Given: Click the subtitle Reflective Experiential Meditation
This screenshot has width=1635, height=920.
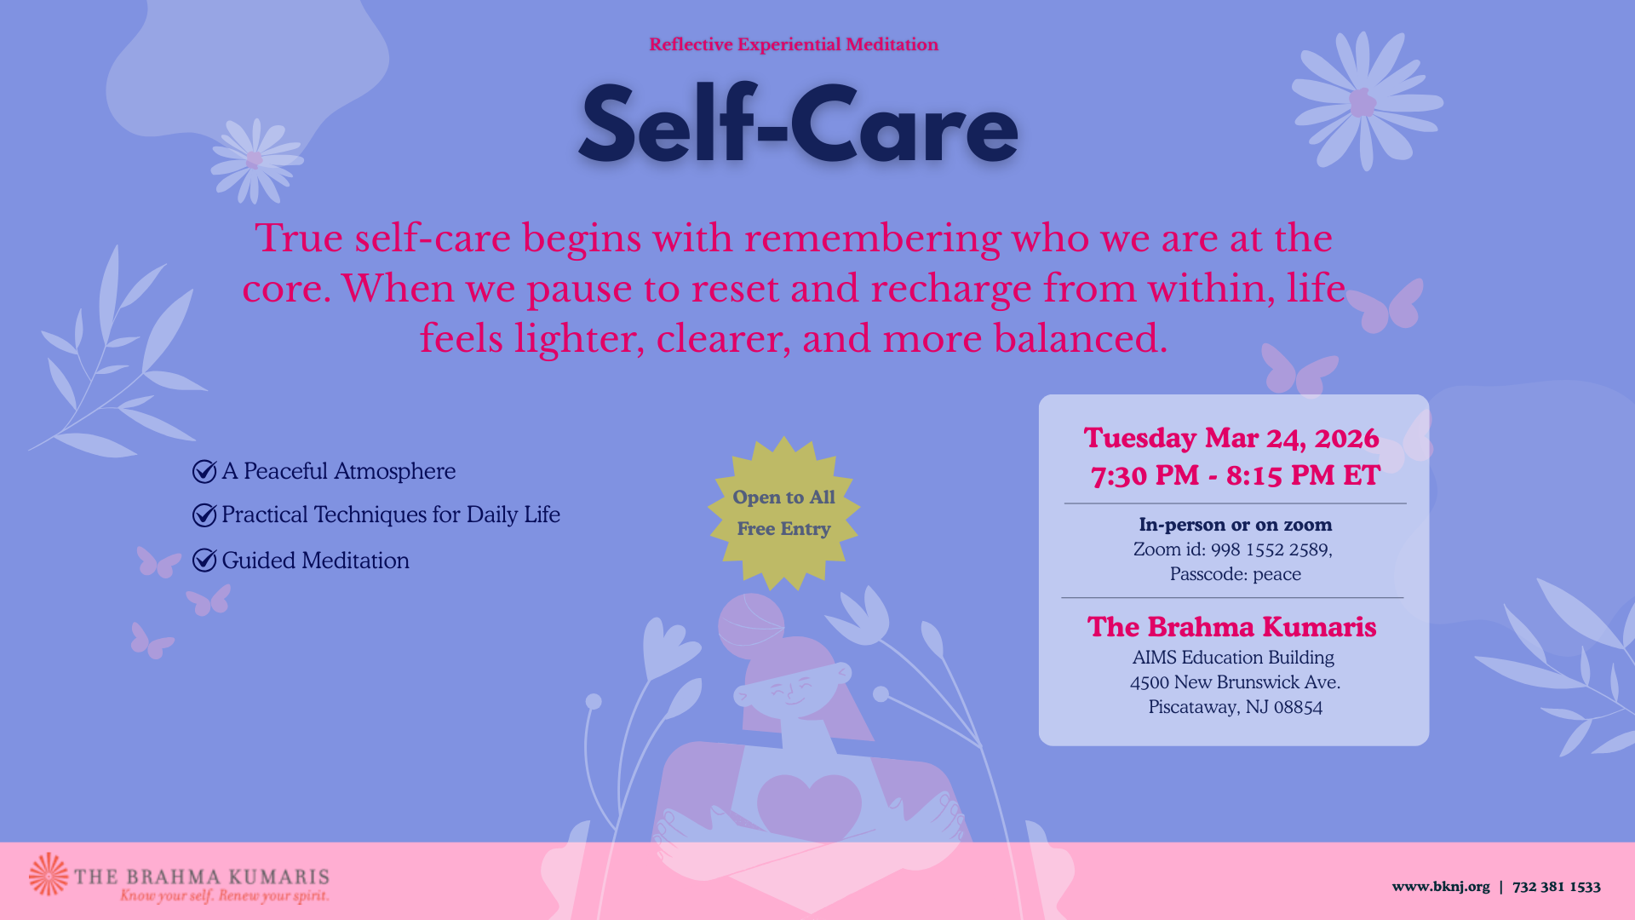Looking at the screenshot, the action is tap(794, 44).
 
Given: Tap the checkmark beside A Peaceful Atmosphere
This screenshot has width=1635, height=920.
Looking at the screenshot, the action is tap(204, 471).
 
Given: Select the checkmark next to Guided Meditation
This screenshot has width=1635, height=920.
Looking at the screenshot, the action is tap(204, 560).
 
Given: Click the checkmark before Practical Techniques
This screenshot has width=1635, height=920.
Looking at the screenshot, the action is tap(204, 515).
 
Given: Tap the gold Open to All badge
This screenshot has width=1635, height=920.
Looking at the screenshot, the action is tap(783, 513).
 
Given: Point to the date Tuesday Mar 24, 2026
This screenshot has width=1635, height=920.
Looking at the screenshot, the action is tap(1231, 438).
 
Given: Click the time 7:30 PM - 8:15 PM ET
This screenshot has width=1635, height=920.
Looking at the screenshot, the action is tap(1236, 475).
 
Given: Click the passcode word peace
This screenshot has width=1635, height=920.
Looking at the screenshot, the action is tap(1276, 575).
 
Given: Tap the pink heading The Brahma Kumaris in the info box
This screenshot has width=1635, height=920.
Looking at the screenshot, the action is tap(1231, 627).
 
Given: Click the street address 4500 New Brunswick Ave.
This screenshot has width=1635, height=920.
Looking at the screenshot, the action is tap(1236, 682).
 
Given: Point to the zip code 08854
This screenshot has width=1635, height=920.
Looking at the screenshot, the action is tap(1298, 707).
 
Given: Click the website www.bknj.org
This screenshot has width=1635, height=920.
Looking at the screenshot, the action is tap(1441, 887).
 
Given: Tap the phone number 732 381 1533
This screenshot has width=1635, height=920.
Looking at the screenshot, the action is tap(1557, 887).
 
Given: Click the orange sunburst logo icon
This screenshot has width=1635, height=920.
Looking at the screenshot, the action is tap(49, 874).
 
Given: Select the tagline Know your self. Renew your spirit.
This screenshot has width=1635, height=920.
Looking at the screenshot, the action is tap(225, 895).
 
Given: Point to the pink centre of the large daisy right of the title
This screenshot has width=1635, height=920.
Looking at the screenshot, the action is tap(1362, 102).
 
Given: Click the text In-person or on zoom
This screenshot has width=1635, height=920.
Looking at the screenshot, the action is tap(1236, 525).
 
